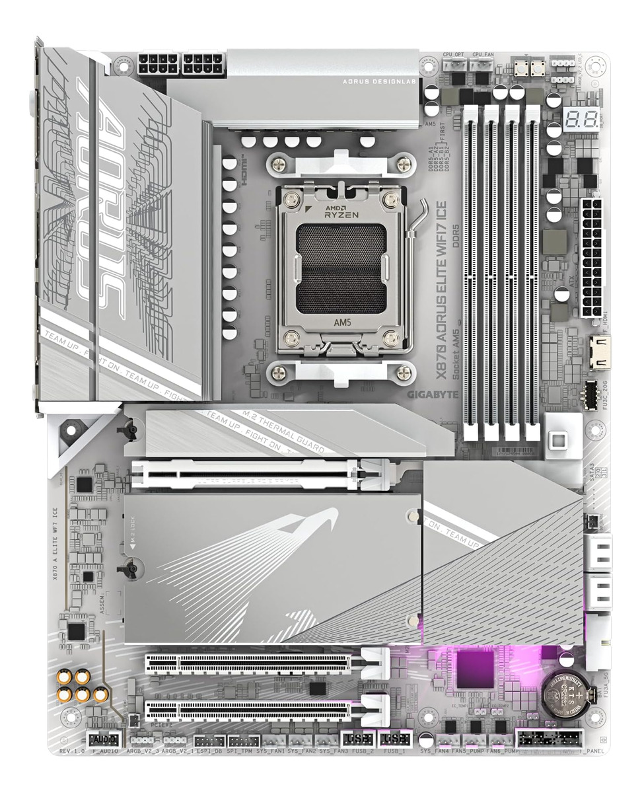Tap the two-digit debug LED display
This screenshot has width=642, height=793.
(x=581, y=120)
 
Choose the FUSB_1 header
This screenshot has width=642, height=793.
(x=395, y=739)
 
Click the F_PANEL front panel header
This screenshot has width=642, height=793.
(x=550, y=738)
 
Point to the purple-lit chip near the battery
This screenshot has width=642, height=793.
(x=476, y=667)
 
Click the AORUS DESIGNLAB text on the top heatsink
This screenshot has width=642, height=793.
(x=377, y=82)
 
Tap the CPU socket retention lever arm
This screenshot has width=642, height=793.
(x=420, y=221)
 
